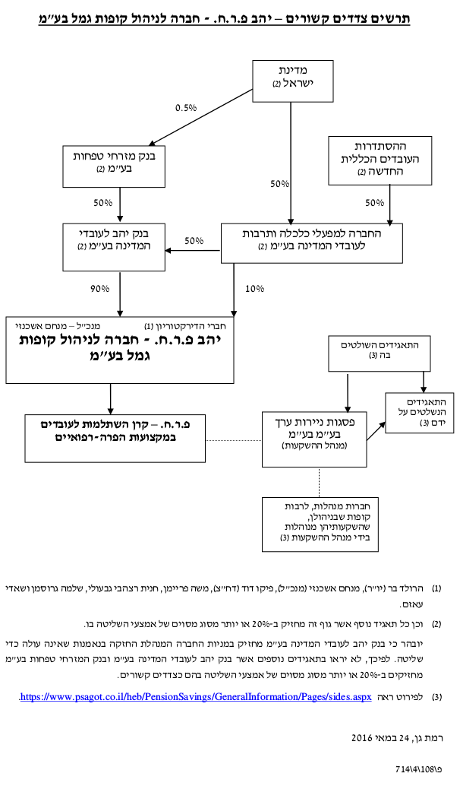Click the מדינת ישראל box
293,81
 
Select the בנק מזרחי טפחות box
114,166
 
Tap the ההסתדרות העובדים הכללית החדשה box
380,160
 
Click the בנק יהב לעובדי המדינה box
114,247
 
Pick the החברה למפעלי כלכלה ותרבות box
311,243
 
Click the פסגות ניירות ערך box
313,439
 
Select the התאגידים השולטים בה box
379,353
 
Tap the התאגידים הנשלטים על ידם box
420,413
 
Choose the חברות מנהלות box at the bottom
320,525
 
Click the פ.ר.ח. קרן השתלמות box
115,438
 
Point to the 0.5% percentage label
186,108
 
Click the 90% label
99,289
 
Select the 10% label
254,289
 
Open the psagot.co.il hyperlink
196,697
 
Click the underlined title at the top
224,19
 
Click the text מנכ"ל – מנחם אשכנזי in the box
58,326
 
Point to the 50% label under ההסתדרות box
374,203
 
